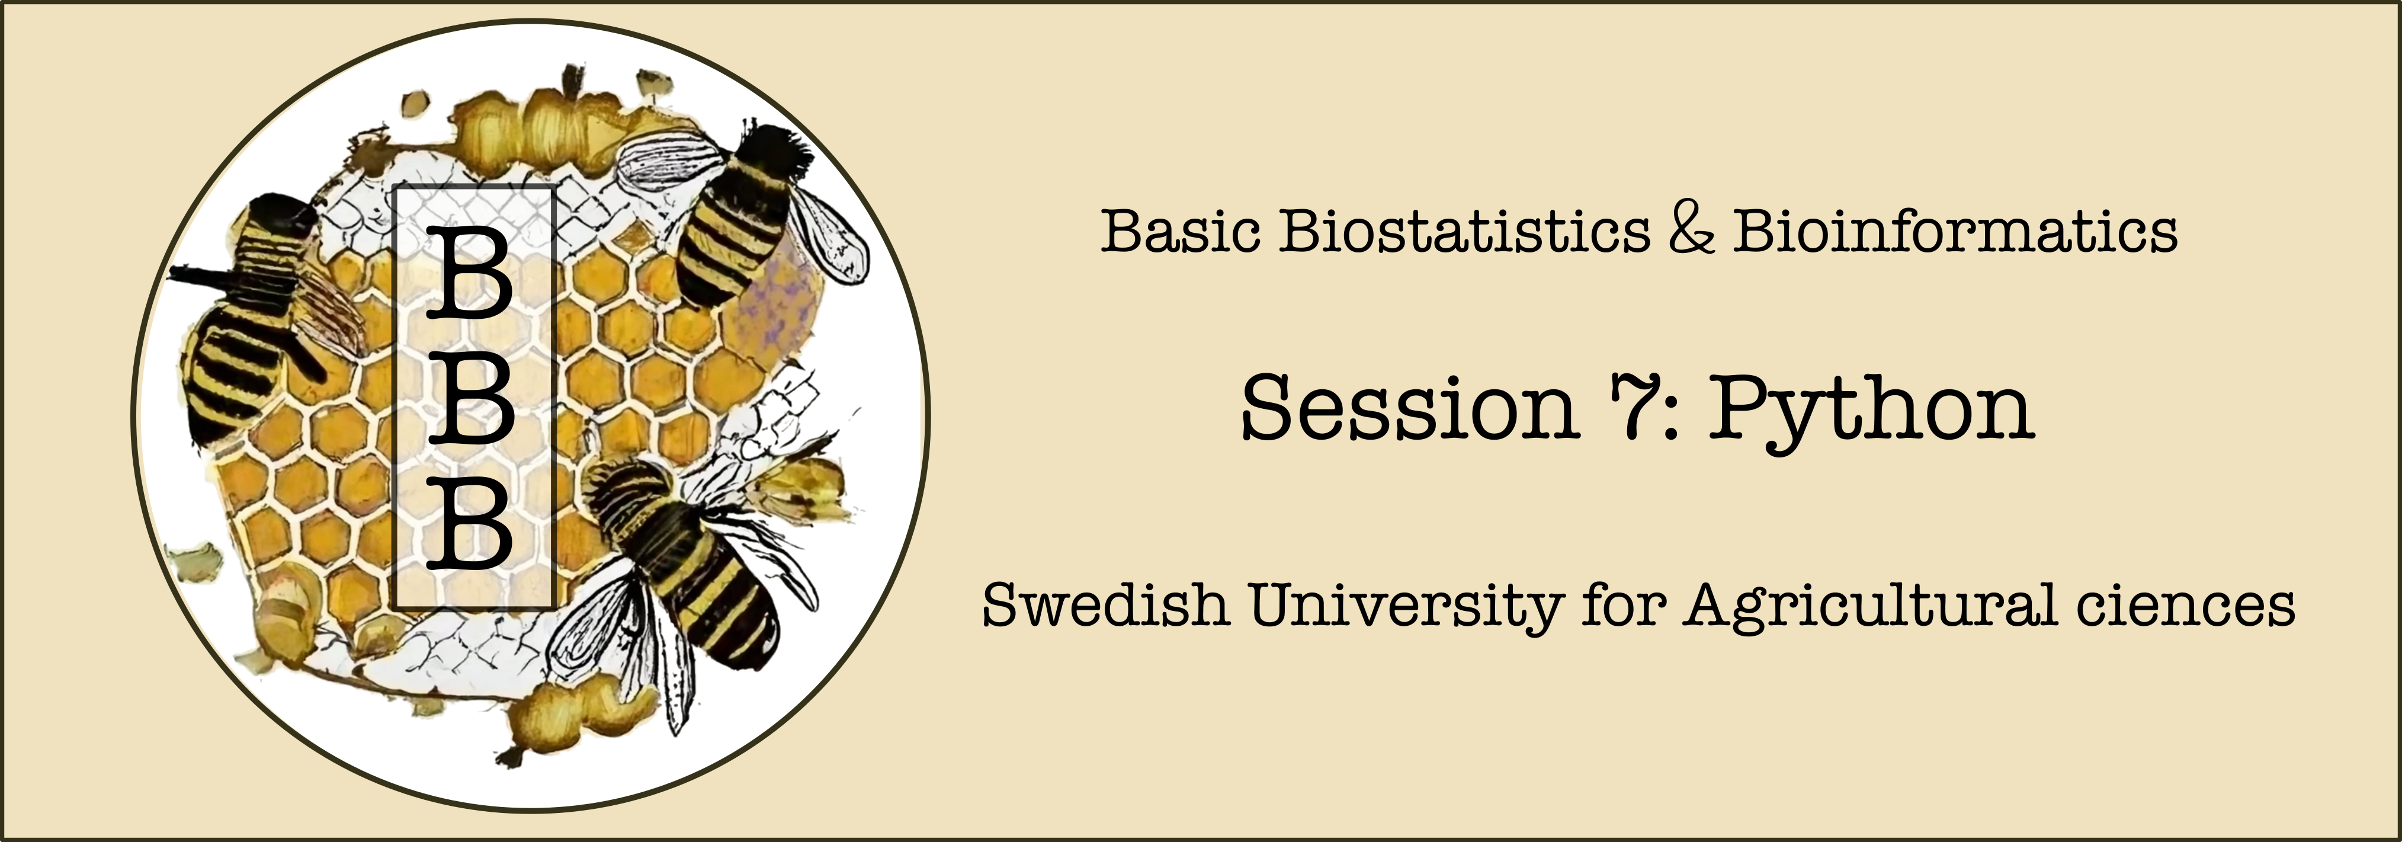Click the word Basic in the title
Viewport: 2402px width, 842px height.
(x=1181, y=230)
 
